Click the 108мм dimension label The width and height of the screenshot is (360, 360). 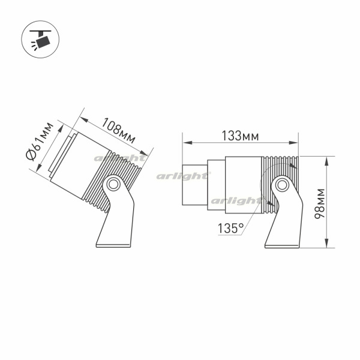118,130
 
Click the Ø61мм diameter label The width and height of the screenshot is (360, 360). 40,141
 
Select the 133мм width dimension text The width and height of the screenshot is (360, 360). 240,136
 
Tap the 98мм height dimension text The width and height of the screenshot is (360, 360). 320,203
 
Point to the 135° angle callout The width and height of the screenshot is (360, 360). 230,228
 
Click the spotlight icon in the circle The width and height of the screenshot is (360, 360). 40,39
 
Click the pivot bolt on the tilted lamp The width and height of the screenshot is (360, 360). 113,184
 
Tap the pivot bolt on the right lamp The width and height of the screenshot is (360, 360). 282,185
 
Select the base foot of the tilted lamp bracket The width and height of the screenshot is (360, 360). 113,245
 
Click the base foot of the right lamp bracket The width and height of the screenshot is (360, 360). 282,246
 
